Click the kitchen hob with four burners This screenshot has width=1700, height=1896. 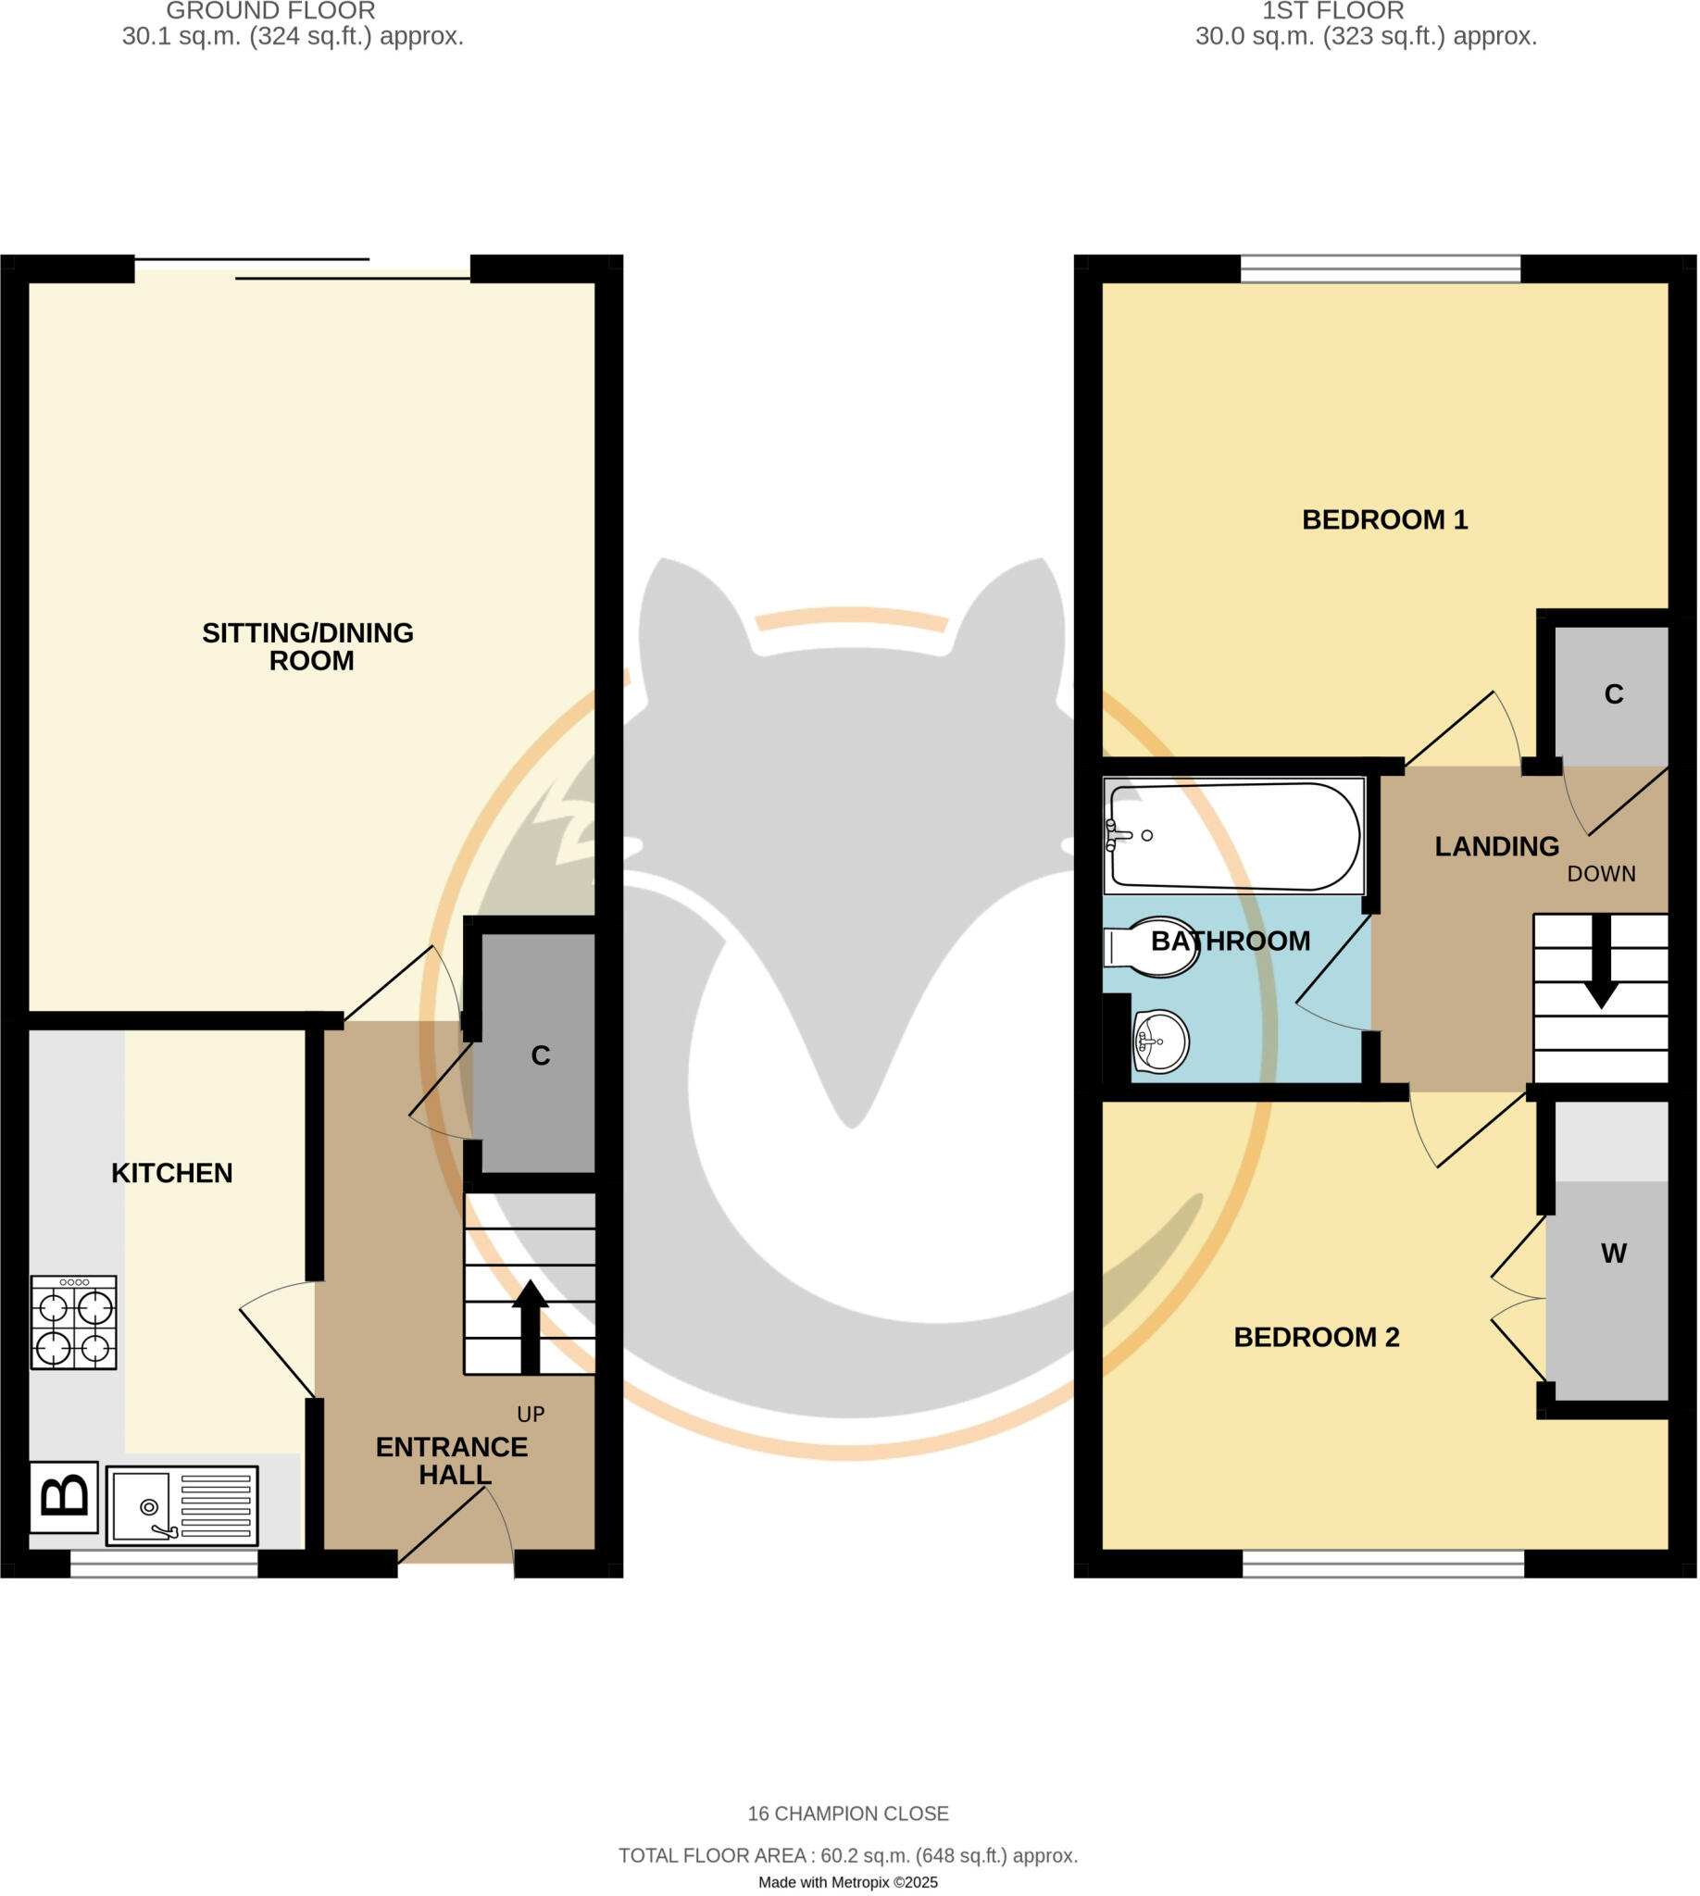point(74,1323)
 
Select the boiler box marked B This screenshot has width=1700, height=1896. point(64,1496)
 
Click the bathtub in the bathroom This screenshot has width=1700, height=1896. point(1234,836)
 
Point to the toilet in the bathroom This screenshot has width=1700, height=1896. point(1154,947)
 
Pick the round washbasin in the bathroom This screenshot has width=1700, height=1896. point(1161,1042)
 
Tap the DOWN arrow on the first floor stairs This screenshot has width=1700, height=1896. point(1602,963)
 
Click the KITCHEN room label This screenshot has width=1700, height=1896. point(172,1173)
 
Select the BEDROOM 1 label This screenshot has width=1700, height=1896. point(1384,519)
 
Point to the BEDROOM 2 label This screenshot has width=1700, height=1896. point(1316,1338)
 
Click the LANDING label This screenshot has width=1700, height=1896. point(1496,846)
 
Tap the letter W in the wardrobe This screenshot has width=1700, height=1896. point(1614,1254)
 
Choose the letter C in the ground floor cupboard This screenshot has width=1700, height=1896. point(540,1055)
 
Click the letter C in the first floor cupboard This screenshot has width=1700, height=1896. point(1614,694)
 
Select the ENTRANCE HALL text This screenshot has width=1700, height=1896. point(453,1461)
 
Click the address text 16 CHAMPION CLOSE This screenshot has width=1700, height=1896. point(848,1814)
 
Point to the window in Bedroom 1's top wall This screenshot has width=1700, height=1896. point(1381,269)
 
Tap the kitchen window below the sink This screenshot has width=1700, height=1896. point(165,1565)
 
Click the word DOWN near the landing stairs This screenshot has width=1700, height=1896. point(1601,874)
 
